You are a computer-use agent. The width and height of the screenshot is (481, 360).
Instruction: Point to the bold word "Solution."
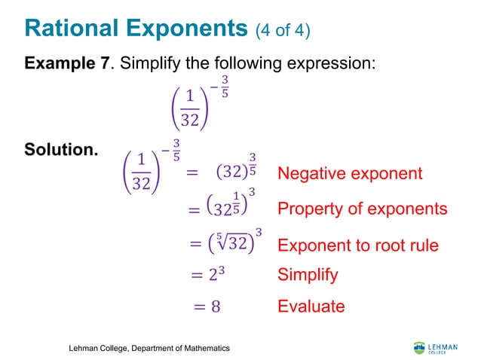[x=61, y=149]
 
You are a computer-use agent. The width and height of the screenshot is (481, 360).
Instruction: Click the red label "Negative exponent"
[x=350, y=174]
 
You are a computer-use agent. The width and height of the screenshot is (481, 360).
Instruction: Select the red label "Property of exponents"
[x=362, y=209]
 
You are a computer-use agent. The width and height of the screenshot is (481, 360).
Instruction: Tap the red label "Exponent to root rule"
[x=358, y=245]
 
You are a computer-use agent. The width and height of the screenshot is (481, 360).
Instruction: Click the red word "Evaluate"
[x=311, y=306]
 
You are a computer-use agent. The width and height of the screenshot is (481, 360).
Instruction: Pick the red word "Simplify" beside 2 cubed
[x=308, y=275]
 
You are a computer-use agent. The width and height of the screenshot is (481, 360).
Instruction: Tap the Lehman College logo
[x=435, y=347]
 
